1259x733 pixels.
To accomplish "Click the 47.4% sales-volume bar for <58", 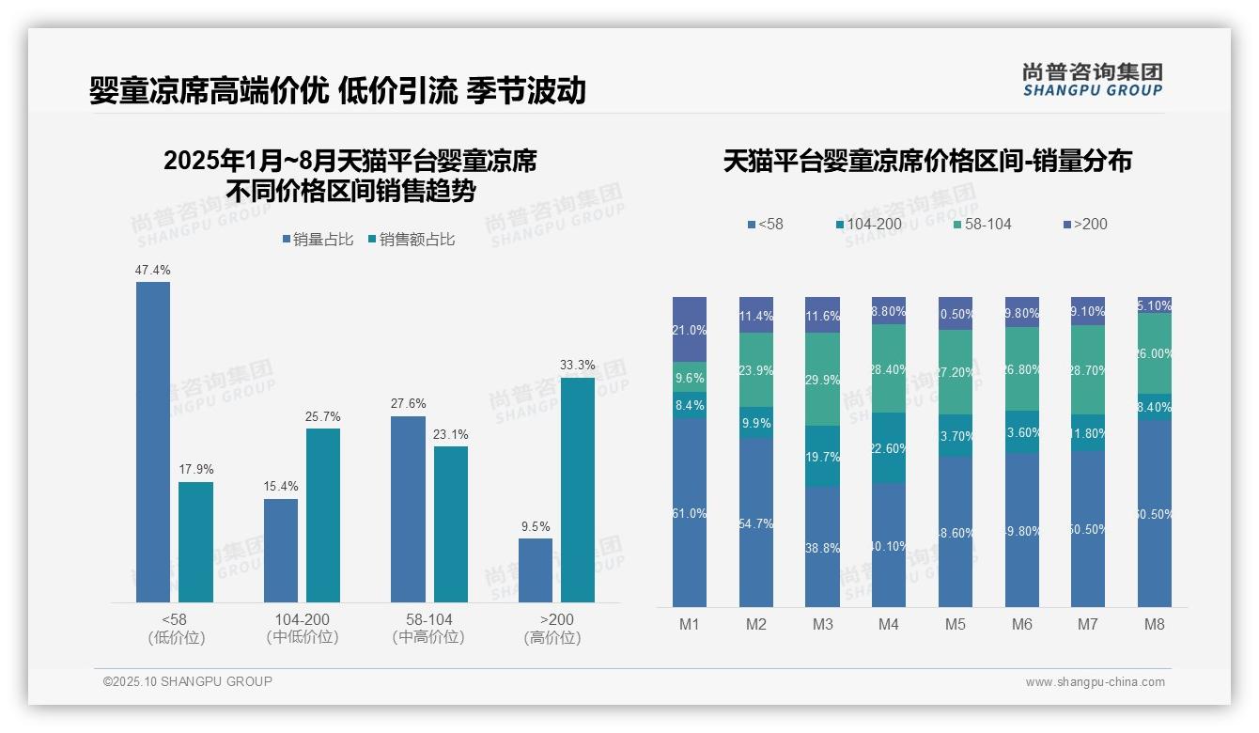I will click(153, 442).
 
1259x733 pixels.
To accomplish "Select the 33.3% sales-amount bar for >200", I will click(578, 490).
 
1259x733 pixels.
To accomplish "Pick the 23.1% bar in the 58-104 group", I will click(451, 523).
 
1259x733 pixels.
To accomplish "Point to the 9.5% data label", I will click(536, 526).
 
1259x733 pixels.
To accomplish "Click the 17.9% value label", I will click(195, 470).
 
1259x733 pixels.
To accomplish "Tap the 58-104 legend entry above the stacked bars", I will click(982, 224).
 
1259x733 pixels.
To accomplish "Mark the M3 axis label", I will click(822, 624).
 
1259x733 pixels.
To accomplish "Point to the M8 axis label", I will click(1155, 624).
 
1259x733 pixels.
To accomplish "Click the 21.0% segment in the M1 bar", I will click(690, 330).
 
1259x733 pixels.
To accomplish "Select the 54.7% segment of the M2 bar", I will click(756, 522).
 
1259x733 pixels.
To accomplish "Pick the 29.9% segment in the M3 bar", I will click(822, 379).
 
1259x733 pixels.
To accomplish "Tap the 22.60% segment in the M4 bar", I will click(889, 448).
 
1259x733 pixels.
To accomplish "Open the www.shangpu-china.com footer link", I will click(1095, 682).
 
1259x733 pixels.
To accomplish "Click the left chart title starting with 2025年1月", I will click(350, 176).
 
